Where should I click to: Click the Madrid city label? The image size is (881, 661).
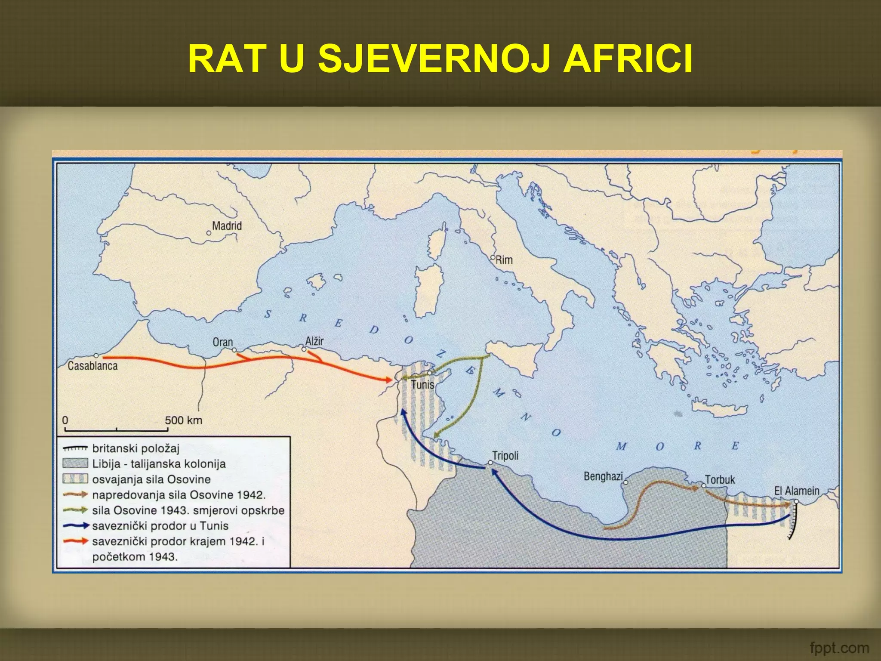[227, 225]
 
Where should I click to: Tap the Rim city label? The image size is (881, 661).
[504, 260]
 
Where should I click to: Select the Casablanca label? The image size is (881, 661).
[92, 366]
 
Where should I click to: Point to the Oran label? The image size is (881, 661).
[222, 342]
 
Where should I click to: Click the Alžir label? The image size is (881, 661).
[314, 341]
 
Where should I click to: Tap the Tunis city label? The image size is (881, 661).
[422, 384]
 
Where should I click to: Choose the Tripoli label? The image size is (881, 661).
[505, 455]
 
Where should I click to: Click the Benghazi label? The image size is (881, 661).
[603, 476]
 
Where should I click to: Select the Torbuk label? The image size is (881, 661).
[720, 479]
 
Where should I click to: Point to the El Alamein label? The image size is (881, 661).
[797, 491]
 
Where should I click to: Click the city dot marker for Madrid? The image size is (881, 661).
[209, 233]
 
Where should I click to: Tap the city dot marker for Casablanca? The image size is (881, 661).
[96, 356]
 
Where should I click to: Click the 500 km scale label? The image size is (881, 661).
[183, 420]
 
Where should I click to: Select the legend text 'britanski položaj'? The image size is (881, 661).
[136, 448]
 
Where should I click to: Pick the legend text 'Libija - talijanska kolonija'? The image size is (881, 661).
[159, 464]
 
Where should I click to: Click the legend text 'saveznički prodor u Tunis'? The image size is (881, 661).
[160, 525]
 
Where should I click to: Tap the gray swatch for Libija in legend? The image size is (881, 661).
[75, 463]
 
